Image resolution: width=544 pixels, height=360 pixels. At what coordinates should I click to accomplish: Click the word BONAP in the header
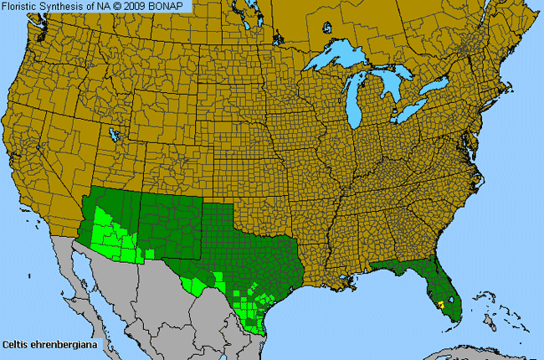pyautogui.click(x=172, y=6)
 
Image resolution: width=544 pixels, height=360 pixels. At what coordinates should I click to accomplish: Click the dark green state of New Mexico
pyautogui.click(x=168, y=223)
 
